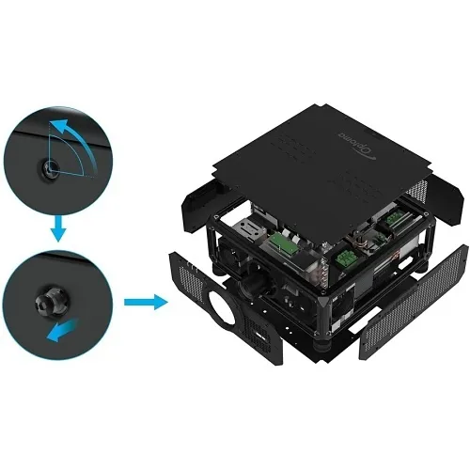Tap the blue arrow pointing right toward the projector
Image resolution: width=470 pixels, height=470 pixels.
coord(144,303)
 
